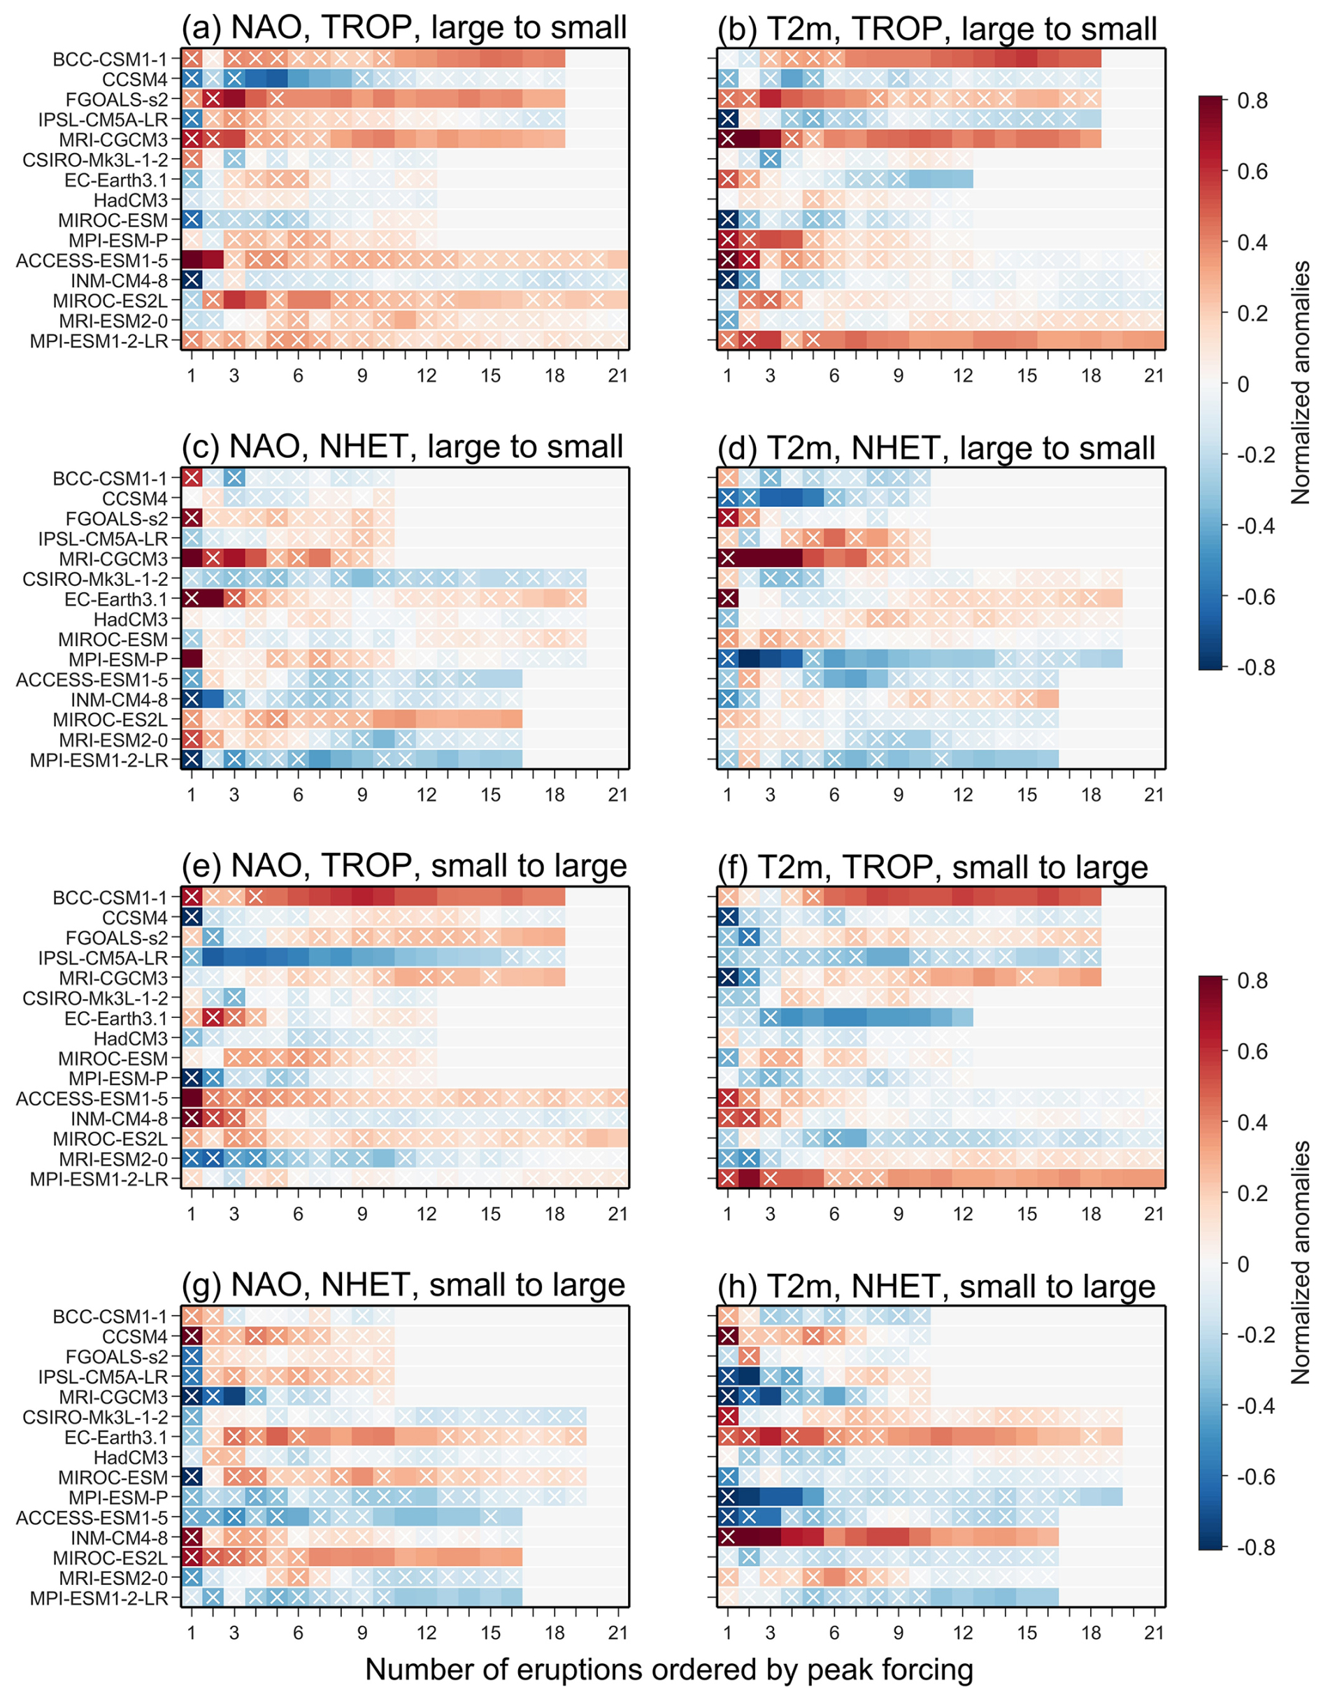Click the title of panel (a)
(403, 28)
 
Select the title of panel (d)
(936, 448)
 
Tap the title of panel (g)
(403, 1286)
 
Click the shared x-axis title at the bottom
(668, 1669)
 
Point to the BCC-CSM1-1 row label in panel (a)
(110, 59)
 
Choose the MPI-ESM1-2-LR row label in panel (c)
(99, 760)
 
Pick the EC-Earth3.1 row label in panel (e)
(116, 1019)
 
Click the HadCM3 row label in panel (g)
(130, 1457)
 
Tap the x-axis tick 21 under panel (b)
(1154, 376)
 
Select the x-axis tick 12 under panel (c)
(426, 795)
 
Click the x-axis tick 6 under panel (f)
(834, 1214)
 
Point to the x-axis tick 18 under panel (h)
(1091, 1633)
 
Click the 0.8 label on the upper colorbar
(1252, 101)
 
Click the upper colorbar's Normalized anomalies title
(1301, 383)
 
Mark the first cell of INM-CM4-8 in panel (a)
(192, 280)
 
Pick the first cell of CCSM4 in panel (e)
(192, 917)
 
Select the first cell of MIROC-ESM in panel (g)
(192, 1477)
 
